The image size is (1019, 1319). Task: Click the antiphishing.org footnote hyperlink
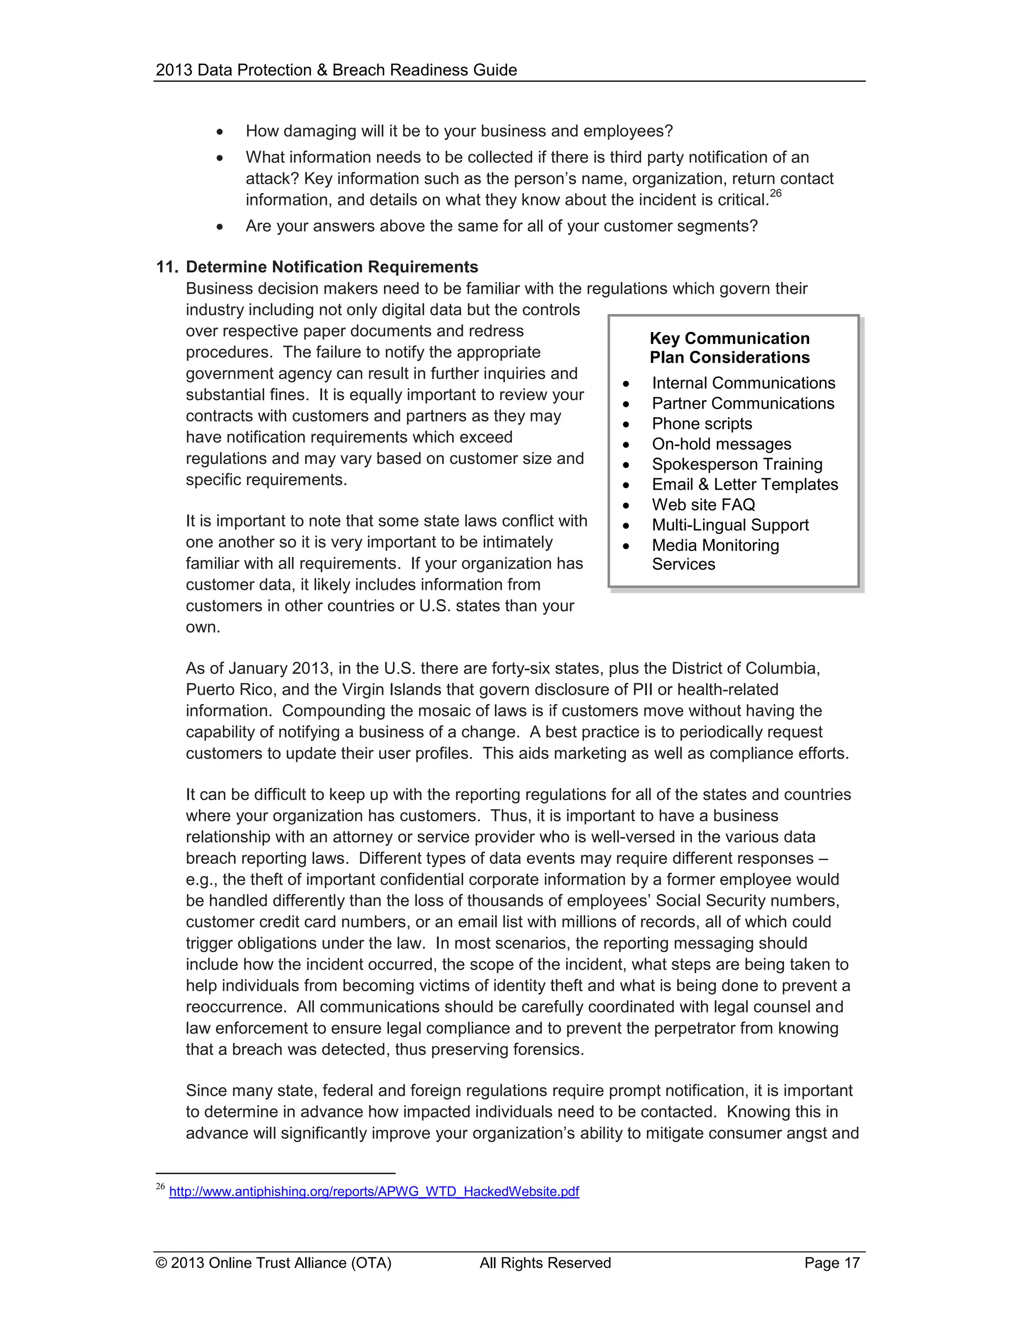tap(374, 1192)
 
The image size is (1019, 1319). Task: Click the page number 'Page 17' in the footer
tap(831, 1263)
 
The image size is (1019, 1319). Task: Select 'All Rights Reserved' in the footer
tap(545, 1263)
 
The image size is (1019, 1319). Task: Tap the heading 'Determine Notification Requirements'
tap(332, 267)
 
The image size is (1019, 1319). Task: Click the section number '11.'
tap(167, 267)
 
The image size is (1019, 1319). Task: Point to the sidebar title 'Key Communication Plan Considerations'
tap(729, 348)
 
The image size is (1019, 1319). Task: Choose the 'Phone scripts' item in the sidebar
tap(702, 424)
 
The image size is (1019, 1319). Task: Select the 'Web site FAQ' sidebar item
tap(703, 504)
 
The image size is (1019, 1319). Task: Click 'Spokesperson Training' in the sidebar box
tap(736, 464)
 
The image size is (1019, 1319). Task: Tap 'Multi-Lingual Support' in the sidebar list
tap(730, 525)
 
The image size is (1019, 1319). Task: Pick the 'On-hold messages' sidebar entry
tap(721, 444)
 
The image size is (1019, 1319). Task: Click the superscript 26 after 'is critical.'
tap(776, 194)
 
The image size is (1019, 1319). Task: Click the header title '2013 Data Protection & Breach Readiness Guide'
tap(336, 70)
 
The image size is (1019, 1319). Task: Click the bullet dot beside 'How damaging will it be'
tap(220, 132)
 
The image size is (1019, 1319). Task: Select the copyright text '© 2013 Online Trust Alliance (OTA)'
tap(274, 1263)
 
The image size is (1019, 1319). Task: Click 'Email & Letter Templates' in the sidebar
tap(744, 484)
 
